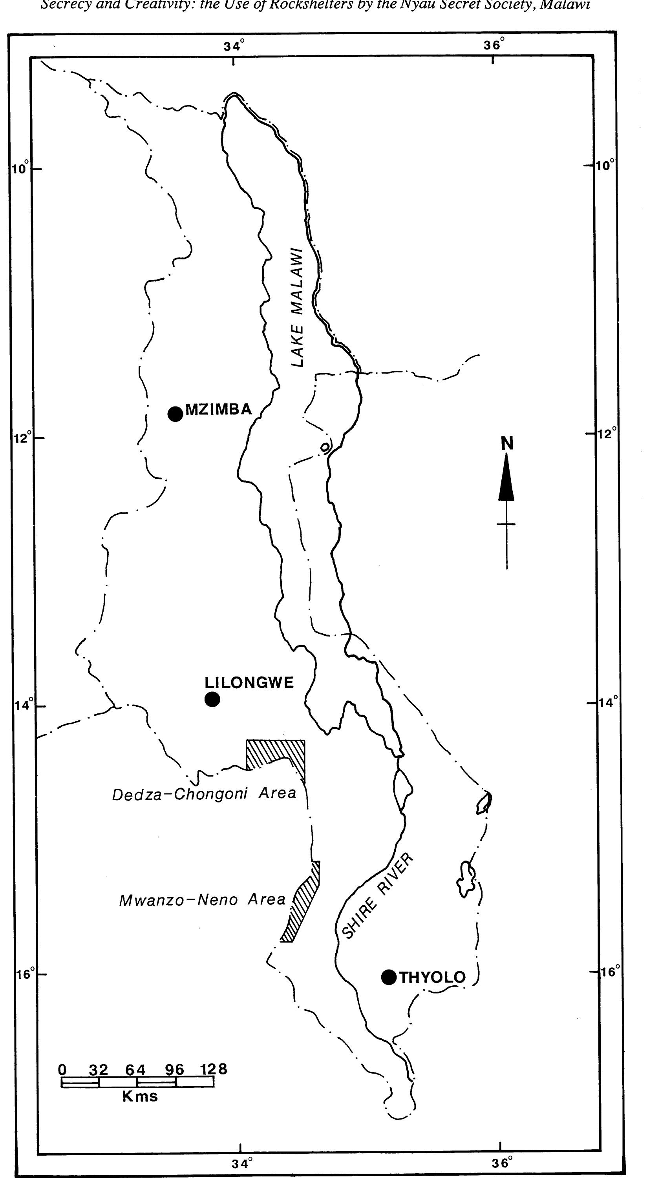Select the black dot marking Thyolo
tap(389, 977)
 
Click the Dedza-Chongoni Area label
tap(204, 794)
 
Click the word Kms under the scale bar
tap(140, 1096)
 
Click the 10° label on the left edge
tap(20, 168)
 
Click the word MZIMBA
tap(219, 409)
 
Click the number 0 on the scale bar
tap(63, 1070)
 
